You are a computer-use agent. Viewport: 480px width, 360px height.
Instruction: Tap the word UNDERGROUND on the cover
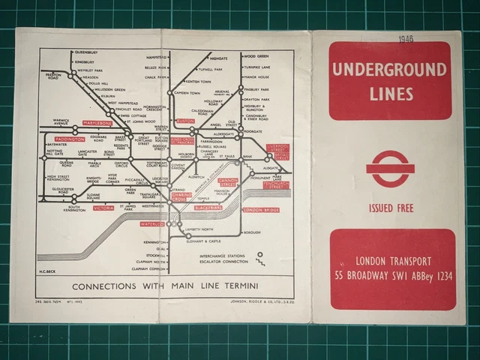(x=389, y=71)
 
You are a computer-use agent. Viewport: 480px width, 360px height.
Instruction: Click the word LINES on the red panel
(x=390, y=94)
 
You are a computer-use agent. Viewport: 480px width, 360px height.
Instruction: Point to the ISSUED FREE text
(x=390, y=208)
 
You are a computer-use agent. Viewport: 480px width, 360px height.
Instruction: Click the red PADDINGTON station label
(x=70, y=139)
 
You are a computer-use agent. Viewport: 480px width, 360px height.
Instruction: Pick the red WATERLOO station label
(x=151, y=223)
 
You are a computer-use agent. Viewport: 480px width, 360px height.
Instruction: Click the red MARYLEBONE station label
(x=97, y=122)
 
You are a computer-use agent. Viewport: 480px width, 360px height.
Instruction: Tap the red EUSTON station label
(x=184, y=121)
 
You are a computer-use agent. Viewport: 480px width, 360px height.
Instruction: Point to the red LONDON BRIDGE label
(x=261, y=210)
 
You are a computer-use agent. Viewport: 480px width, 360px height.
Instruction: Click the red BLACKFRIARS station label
(x=208, y=208)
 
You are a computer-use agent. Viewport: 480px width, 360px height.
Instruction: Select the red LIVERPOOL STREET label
(x=277, y=151)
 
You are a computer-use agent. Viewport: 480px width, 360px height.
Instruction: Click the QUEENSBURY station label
(x=87, y=53)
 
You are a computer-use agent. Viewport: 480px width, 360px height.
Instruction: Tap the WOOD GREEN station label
(x=257, y=55)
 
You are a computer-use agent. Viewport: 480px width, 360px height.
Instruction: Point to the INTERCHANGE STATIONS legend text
(x=224, y=256)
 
